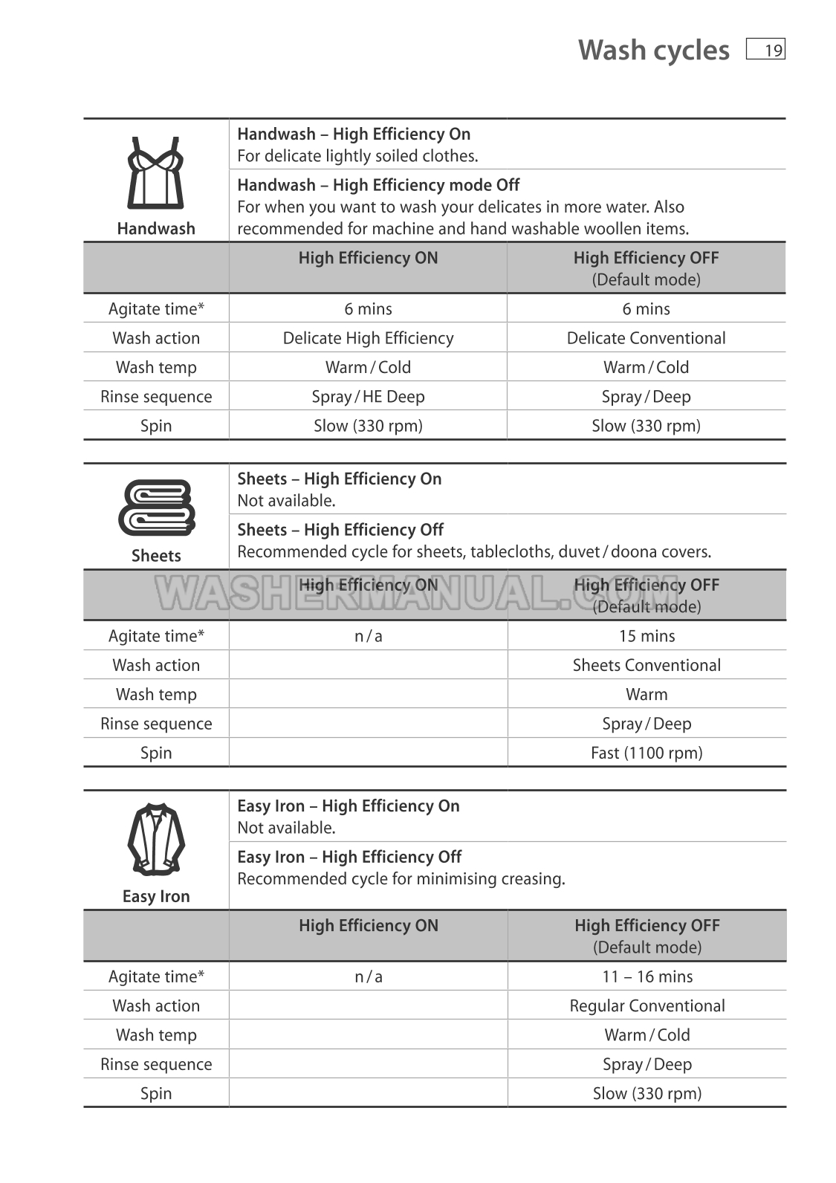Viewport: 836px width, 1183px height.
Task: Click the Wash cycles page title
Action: click(x=653, y=50)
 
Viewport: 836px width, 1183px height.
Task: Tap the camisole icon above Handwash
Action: click(x=156, y=172)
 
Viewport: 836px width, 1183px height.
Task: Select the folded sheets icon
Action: click(x=156, y=508)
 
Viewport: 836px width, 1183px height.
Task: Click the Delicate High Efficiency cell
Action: click(x=368, y=338)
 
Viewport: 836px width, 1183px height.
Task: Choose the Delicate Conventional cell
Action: click(x=646, y=338)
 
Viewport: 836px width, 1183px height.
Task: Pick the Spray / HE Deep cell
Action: click(x=368, y=397)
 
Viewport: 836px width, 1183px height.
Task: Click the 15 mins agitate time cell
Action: click(x=647, y=636)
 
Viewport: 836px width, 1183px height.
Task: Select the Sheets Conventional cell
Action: click(x=647, y=665)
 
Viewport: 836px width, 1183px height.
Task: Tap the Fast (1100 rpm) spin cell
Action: click(x=647, y=753)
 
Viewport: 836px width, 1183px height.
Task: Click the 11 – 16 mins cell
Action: click(x=647, y=976)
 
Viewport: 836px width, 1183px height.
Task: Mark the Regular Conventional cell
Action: click(x=647, y=1005)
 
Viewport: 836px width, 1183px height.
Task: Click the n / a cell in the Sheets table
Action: click(x=368, y=636)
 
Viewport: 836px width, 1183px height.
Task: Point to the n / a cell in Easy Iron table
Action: click(x=368, y=976)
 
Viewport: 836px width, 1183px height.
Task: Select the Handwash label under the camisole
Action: click(x=156, y=229)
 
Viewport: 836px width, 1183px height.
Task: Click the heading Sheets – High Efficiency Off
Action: click(x=340, y=530)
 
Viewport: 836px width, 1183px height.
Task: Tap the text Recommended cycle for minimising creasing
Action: click(x=401, y=879)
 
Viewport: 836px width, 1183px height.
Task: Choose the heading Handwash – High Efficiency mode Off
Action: click(x=378, y=185)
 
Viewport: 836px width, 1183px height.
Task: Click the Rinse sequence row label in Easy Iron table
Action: click(x=156, y=1064)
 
